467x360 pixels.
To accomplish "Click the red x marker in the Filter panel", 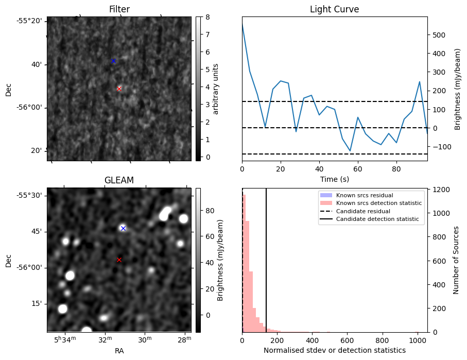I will pos(119,89).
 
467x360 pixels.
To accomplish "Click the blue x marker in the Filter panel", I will pos(113,61).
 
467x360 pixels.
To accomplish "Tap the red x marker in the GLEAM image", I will pos(119,260).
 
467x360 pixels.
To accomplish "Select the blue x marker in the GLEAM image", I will pos(123,228).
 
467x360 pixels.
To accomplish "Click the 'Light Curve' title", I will pos(334,9).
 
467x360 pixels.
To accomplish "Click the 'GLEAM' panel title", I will pos(119,180).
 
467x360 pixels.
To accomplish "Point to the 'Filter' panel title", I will pos(119,9).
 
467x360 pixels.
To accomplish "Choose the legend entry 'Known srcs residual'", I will pos(365,195).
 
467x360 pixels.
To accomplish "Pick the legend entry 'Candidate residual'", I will pos(363,211).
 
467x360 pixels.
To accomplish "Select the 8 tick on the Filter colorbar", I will pos(205,17).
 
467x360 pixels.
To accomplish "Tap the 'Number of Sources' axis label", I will pos(456,260).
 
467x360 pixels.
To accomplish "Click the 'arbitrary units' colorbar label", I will pos(216,89).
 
